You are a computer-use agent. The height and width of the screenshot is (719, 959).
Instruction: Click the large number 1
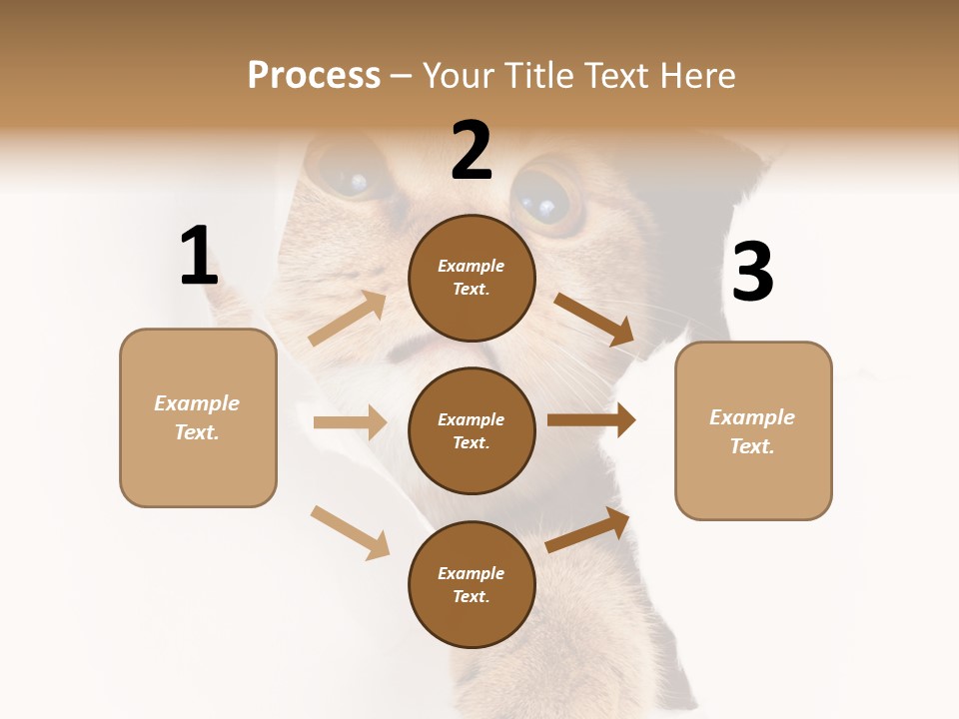point(199,256)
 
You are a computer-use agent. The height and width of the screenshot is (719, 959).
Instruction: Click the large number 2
point(472,150)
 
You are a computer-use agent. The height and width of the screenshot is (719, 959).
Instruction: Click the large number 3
point(752,272)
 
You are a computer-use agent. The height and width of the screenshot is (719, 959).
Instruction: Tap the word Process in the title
point(314,76)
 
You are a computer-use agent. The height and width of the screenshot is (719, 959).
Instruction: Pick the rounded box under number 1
point(198,417)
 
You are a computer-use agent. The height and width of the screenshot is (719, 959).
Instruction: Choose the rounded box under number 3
point(753,431)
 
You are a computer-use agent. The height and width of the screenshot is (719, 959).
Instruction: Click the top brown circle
point(472,278)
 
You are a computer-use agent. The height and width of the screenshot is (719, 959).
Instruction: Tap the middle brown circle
point(472,431)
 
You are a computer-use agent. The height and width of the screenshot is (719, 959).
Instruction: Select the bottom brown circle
point(472,585)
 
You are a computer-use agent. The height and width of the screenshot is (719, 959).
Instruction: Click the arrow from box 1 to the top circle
point(348,319)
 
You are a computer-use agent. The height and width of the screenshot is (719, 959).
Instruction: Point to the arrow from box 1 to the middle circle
point(350,422)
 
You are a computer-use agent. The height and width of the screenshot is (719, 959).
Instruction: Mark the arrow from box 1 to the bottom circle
point(350,531)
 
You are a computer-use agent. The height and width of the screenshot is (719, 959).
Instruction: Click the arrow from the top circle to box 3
point(594,319)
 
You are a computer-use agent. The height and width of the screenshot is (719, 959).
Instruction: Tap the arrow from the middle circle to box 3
point(591,420)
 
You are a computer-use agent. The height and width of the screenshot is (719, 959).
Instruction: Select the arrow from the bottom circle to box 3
point(587,530)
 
